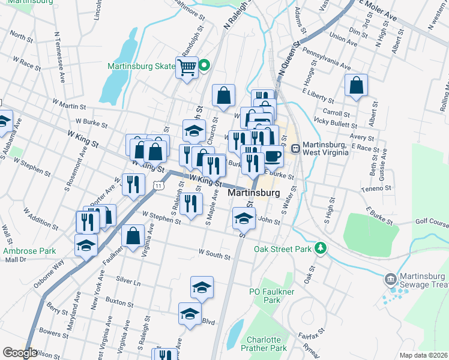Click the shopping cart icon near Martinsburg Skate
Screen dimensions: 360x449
(x=187, y=67)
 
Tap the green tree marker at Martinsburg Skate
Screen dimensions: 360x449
(x=204, y=65)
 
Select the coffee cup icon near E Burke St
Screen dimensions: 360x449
(x=273, y=156)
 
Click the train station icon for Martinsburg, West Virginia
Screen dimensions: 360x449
(x=295, y=148)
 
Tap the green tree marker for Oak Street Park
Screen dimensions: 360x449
(x=321, y=248)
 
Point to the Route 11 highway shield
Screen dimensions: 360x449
(x=157, y=186)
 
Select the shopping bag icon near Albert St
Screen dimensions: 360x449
(x=357, y=86)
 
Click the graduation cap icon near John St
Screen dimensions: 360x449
(x=243, y=218)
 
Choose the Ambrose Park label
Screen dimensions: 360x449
(x=21, y=251)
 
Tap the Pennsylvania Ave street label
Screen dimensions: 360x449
(x=326, y=57)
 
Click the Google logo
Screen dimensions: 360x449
(x=20, y=353)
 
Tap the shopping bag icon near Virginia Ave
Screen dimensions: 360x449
(x=133, y=236)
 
